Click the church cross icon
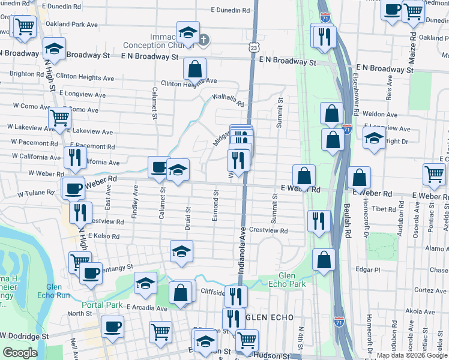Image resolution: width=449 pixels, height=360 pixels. point(203,40)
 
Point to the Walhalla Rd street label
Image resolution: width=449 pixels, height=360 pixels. point(228,100)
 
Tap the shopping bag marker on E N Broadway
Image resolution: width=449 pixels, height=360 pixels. point(194,69)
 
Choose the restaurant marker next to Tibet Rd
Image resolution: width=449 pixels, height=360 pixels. point(318,220)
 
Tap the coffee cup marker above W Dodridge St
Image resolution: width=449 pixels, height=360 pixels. point(112,327)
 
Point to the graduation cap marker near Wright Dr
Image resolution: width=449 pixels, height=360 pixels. point(374,139)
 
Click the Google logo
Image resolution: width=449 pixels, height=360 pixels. point(20,353)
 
